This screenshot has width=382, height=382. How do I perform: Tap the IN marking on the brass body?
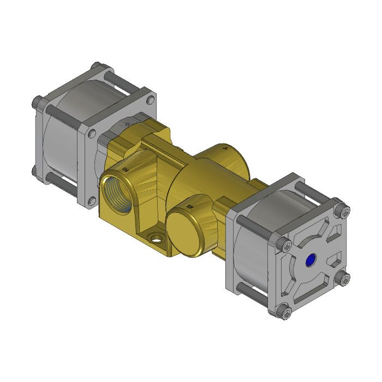[x=126, y=170]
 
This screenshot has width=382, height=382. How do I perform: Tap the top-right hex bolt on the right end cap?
[x=343, y=211]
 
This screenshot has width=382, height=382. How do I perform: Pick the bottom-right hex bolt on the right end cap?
[x=343, y=279]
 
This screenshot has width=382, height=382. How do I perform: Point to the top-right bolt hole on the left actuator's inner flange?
[x=150, y=100]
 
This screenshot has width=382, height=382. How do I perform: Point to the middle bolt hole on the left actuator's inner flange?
[x=91, y=133]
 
